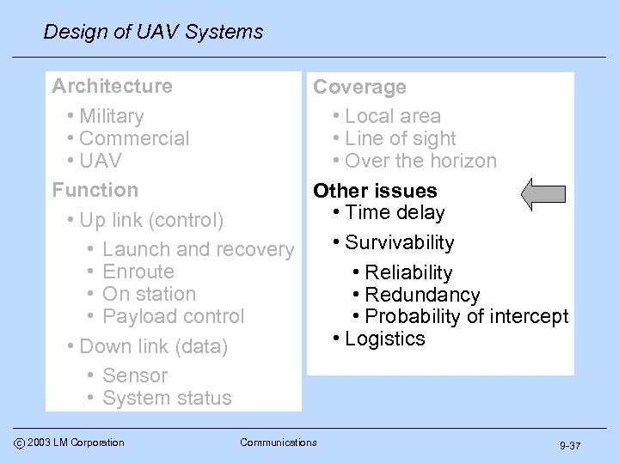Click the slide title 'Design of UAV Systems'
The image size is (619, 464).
coord(153,33)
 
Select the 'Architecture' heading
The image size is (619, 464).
coord(112,86)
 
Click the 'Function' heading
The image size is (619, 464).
coord(95,189)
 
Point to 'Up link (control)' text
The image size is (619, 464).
coord(151,220)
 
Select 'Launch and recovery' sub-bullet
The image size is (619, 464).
coord(197,250)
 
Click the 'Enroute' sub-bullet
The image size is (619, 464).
coord(138,272)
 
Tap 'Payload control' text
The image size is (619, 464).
coord(173,316)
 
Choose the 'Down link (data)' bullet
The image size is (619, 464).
coord(153,347)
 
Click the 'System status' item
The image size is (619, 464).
coord(167,398)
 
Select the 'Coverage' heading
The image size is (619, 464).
coord(359,88)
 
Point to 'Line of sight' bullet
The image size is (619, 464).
coord(400,138)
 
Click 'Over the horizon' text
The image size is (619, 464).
coord(420,161)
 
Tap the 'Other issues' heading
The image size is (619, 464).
coord(375,191)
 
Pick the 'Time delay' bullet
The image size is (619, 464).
coord(398,213)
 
